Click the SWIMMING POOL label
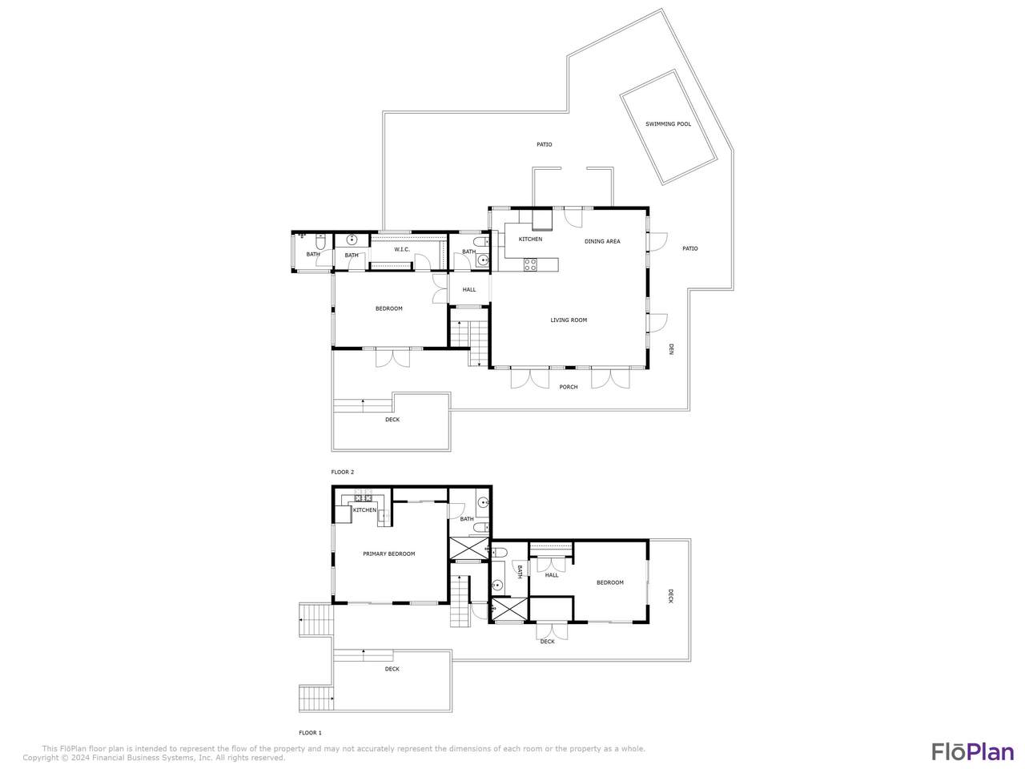(668, 124)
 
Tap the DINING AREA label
(602, 241)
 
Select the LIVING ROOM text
(569, 320)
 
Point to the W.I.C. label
(402, 250)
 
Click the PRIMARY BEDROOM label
(389, 554)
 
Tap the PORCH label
(569, 387)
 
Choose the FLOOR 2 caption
(343, 472)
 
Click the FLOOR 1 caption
(311, 733)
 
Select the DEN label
(671, 349)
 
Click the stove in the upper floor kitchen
(530, 264)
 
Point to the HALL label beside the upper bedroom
(468, 290)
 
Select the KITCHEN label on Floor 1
(364, 510)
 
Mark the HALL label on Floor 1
(552, 575)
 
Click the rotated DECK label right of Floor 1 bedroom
(670, 596)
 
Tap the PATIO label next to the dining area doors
(689, 249)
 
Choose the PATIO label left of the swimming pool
(544, 145)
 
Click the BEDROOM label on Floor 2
(389, 308)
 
